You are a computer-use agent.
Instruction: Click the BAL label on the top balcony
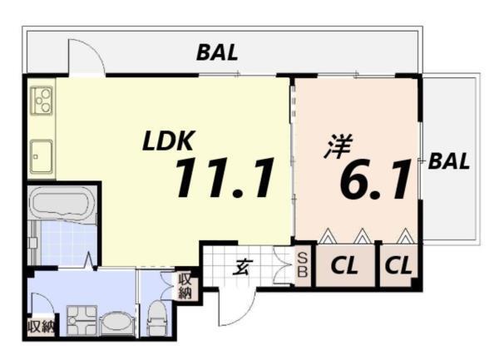tap(218, 52)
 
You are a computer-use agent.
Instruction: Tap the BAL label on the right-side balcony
tap(448, 161)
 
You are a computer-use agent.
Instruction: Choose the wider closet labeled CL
tap(344, 267)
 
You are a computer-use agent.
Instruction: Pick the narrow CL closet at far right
tap(398, 267)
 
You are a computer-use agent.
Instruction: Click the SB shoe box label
tap(303, 265)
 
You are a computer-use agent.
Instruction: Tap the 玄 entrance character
tap(242, 268)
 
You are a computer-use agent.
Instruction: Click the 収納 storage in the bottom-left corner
tap(40, 326)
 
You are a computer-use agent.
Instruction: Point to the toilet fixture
tap(155, 318)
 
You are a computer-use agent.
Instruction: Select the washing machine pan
tap(82, 320)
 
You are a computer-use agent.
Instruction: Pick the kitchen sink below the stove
tap(42, 155)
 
